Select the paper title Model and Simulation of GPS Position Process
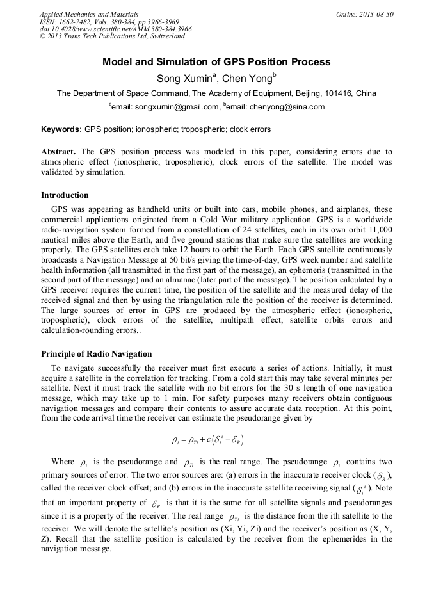(x=216, y=62)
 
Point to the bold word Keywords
(x=61, y=129)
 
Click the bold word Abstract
(x=60, y=152)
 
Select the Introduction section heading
(x=65, y=195)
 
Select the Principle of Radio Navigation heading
(x=97, y=354)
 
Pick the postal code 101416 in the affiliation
(x=341, y=93)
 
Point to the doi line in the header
(x=116, y=29)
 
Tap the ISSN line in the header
(x=109, y=22)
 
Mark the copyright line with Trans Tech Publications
(x=112, y=36)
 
